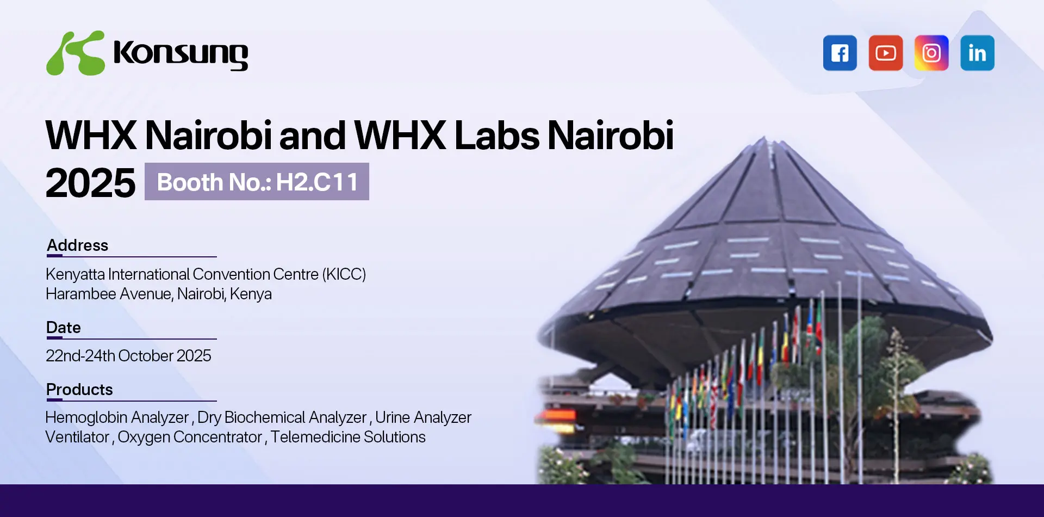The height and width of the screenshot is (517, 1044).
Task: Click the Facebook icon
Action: point(840,53)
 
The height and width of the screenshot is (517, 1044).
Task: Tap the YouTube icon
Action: point(885,53)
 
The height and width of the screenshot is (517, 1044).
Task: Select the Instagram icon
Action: point(931,53)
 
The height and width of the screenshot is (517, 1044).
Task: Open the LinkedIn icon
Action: point(977,53)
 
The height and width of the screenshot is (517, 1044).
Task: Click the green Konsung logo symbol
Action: point(76,53)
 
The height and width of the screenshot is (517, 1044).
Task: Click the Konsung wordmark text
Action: point(181,54)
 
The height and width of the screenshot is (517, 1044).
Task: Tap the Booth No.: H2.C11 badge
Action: point(257,182)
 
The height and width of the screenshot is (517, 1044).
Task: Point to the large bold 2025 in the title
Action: point(90,183)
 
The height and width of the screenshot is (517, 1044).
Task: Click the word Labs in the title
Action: point(496,135)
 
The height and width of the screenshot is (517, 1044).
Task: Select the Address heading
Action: point(77,245)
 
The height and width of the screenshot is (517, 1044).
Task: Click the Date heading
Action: point(64,328)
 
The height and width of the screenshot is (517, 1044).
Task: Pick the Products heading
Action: point(79,390)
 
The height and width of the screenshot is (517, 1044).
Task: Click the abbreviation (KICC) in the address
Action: point(344,274)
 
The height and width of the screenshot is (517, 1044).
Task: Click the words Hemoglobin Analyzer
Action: point(117,417)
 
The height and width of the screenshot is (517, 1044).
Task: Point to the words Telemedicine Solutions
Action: point(348,437)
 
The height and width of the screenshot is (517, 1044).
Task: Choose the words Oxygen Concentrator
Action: point(190,438)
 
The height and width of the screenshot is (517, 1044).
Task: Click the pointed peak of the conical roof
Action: point(765,138)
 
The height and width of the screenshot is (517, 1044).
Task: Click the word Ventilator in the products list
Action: point(77,437)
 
